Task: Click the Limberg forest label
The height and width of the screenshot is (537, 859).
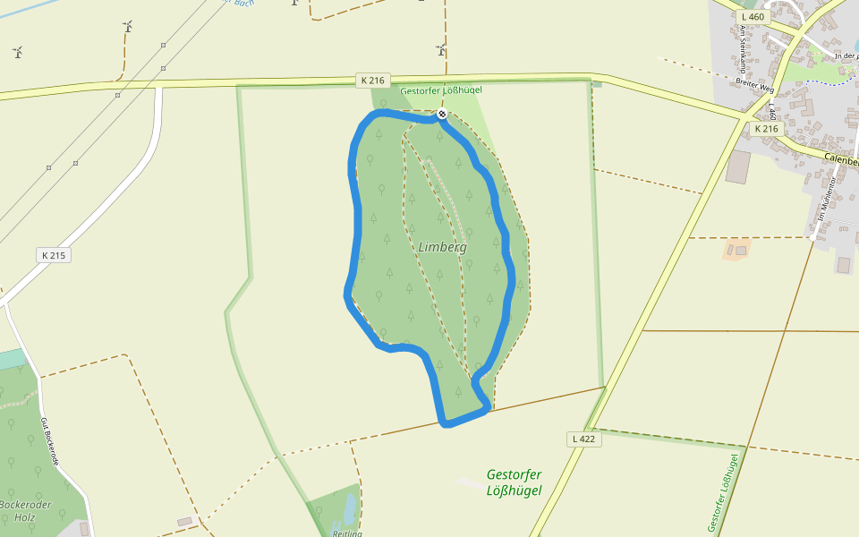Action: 442,247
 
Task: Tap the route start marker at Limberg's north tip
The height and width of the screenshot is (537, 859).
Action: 441,114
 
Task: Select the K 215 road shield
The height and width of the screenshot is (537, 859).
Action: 54,255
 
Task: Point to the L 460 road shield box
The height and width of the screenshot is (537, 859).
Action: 753,17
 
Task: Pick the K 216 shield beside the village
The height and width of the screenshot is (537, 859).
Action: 766,129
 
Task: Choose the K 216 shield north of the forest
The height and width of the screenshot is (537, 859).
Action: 372,81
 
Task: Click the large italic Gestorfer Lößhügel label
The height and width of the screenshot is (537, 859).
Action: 515,482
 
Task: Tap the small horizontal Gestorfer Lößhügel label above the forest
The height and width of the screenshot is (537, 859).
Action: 442,91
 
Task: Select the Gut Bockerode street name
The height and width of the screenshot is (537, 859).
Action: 51,440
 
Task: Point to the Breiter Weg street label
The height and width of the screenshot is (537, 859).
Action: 753,88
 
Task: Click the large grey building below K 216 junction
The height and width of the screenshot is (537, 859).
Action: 738,167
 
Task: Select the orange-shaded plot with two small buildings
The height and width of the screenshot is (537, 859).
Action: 736,249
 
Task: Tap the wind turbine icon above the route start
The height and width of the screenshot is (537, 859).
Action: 441,49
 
